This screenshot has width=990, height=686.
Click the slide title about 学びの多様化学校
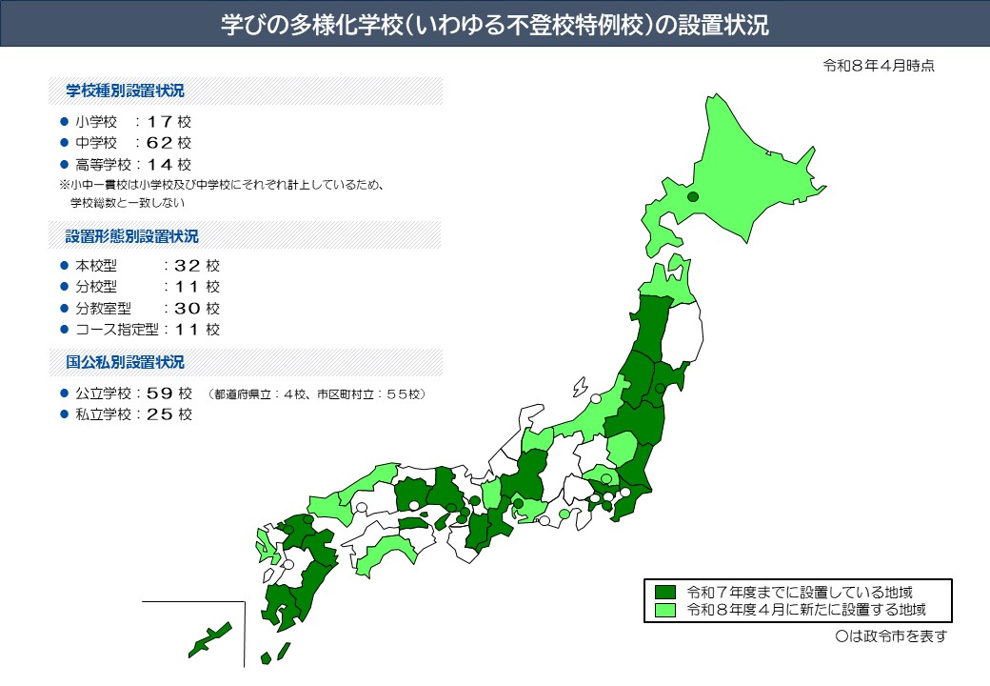point(494,25)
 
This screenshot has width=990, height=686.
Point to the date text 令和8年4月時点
point(879,66)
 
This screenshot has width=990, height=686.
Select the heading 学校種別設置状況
point(125,91)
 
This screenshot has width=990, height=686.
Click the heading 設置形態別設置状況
point(132,235)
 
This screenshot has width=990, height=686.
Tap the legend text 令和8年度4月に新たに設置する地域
point(805,610)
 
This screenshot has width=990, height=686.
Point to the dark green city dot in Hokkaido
point(693,196)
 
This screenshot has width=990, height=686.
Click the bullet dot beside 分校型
point(64,287)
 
